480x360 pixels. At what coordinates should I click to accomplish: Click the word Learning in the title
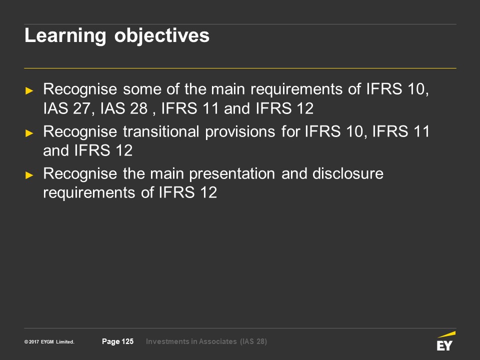pos(65,36)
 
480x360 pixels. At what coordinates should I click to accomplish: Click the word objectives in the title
pos(162,36)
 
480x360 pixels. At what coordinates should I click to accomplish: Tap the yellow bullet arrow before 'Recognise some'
pos(29,90)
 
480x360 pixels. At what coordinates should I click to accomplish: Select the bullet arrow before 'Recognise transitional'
pos(29,133)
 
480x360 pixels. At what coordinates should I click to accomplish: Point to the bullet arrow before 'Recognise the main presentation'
pos(29,175)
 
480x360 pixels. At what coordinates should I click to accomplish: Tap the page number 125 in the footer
pos(127,341)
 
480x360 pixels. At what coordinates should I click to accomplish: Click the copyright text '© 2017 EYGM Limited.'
pos(49,342)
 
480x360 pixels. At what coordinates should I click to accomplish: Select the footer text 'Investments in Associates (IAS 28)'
pos(206,341)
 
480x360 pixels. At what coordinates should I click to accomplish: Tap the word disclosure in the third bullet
pos(348,173)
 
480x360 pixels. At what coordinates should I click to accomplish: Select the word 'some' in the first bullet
pos(142,90)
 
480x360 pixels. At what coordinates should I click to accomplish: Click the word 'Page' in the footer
pos(111,341)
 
